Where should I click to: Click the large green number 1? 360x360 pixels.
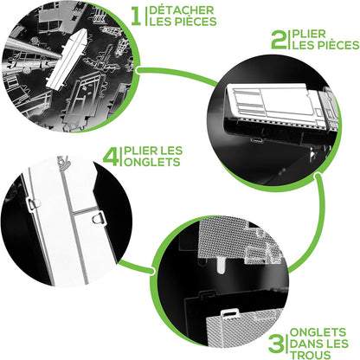(x=136, y=16)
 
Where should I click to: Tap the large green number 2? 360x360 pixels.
(x=279, y=40)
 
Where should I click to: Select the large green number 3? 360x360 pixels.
(x=276, y=343)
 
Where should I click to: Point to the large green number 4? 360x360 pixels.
(x=111, y=157)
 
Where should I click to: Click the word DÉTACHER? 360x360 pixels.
(x=182, y=10)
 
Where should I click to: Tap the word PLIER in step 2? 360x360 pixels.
(x=309, y=34)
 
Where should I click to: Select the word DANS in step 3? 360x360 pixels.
(x=305, y=344)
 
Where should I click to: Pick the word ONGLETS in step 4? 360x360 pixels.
(x=152, y=162)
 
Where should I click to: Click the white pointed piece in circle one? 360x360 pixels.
(x=67, y=58)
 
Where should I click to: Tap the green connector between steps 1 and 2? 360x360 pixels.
(x=177, y=75)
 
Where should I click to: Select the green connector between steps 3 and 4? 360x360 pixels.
(x=136, y=267)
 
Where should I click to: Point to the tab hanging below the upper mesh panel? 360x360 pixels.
(x=222, y=265)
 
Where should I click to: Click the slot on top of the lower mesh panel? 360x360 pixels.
(x=230, y=313)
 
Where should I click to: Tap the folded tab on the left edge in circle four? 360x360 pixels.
(x=34, y=203)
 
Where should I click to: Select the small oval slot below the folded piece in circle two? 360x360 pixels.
(x=256, y=140)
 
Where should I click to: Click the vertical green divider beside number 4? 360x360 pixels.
(x=121, y=157)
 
